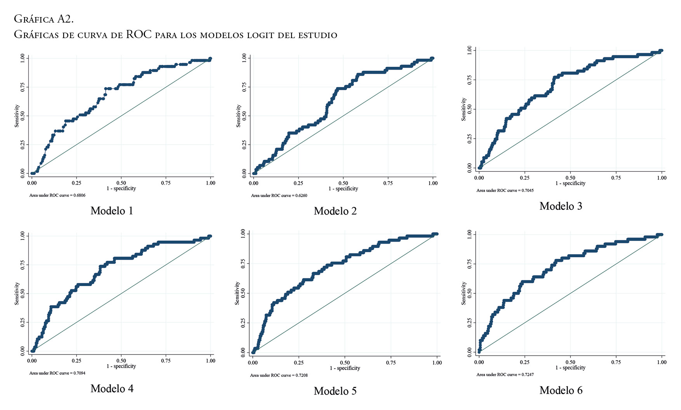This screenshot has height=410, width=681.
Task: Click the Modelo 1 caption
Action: point(112,211)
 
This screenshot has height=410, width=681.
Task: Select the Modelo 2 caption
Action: point(335,211)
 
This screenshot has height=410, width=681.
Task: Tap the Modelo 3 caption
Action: point(561,206)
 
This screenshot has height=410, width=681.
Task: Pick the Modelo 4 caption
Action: point(112,389)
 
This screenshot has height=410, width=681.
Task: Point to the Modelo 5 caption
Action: point(335,391)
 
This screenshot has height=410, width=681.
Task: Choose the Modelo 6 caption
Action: point(561,390)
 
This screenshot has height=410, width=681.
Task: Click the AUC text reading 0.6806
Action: point(57,195)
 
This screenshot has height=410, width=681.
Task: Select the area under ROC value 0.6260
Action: point(279,195)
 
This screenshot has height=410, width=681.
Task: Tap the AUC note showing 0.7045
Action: point(505,190)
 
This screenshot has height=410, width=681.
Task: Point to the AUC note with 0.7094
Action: point(57,373)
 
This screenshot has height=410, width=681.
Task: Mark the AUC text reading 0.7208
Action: point(279,375)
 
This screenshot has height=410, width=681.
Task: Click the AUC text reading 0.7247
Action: point(505,375)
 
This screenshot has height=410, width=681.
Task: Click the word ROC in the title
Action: point(139,35)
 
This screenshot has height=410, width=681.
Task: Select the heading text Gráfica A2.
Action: point(43,19)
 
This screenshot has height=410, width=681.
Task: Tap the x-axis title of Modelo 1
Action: point(121,188)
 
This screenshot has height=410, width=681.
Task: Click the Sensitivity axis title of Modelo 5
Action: point(237,293)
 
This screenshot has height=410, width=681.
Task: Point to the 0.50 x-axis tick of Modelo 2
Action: point(343,183)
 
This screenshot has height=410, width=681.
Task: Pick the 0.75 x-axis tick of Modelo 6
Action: point(616,362)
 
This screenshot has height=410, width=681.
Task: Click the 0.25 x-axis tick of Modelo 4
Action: point(76,361)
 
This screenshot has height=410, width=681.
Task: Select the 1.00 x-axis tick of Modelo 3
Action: point(662,178)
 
